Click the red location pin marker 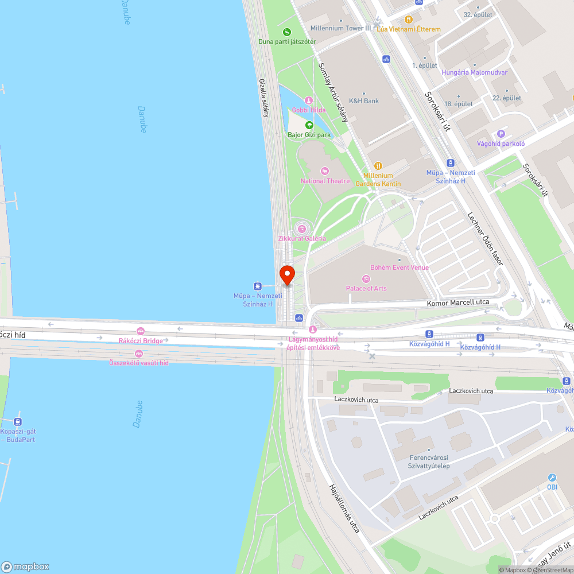(x=286, y=275)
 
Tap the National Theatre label (x=325, y=181)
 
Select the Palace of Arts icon (x=366, y=279)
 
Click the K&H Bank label (x=364, y=101)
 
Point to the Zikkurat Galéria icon (x=302, y=229)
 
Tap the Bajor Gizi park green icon (x=309, y=125)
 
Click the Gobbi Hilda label (x=309, y=110)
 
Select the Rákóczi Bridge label (x=141, y=340)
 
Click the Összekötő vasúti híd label (x=139, y=362)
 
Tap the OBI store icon (x=552, y=478)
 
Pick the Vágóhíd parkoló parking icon (x=501, y=134)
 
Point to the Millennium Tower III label (x=340, y=28)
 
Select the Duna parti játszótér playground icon (x=286, y=32)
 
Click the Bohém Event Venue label (x=400, y=267)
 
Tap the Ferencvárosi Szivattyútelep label (x=429, y=461)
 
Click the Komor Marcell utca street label (x=459, y=302)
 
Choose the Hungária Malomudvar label (x=474, y=72)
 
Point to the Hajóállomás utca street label (x=344, y=508)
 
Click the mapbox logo (x=26, y=566)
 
